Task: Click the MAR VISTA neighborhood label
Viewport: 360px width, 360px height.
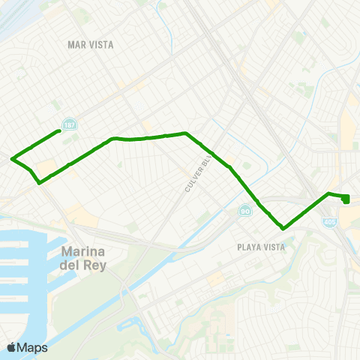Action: click(x=90, y=45)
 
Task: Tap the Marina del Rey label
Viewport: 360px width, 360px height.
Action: click(x=82, y=257)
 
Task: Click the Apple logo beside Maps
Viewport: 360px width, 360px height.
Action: click(x=11, y=347)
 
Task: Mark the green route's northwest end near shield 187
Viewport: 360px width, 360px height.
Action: click(x=59, y=131)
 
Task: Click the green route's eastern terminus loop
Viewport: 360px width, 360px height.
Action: click(x=346, y=198)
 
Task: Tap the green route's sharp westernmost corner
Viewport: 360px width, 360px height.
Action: click(x=12, y=158)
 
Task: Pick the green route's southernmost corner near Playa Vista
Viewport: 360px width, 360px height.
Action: click(x=283, y=227)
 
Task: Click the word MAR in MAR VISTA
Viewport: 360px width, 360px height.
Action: click(x=76, y=45)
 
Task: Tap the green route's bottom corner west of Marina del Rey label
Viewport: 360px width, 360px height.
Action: click(x=39, y=181)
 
